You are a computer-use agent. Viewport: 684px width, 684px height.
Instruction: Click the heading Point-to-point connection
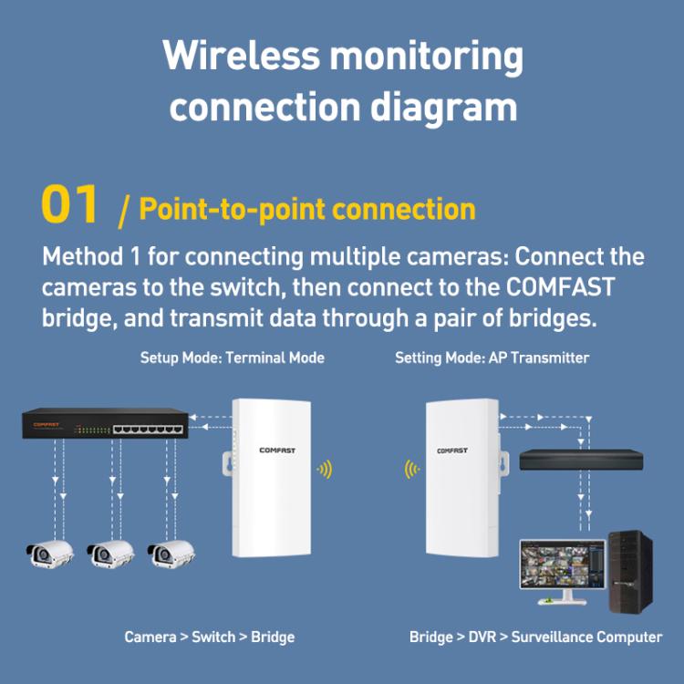[307, 209]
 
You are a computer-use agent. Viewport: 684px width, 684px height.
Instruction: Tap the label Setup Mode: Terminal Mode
[232, 358]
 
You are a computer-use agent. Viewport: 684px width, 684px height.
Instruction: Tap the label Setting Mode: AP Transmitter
[492, 358]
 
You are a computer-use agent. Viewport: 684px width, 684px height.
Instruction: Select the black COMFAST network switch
[106, 425]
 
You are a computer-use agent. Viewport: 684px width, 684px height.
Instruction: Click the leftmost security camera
[48, 553]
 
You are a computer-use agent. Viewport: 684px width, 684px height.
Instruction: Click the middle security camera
[111, 553]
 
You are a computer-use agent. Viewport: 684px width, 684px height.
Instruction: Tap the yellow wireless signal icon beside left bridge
[324, 470]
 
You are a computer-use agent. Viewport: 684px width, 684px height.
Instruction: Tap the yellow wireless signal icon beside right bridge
[410, 470]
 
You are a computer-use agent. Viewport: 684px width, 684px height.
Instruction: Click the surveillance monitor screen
[561, 565]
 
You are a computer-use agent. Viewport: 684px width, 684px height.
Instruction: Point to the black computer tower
[630, 571]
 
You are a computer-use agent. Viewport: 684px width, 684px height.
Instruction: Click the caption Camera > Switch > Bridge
[210, 637]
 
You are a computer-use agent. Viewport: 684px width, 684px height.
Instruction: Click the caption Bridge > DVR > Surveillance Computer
[535, 637]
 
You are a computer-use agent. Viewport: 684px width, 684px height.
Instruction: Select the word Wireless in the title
[241, 56]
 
